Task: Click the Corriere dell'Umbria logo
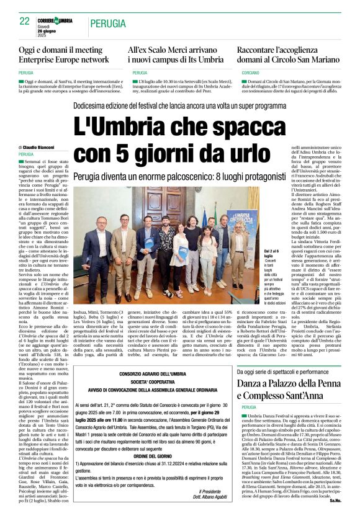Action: pyautogui.click(x=55, y=21)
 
